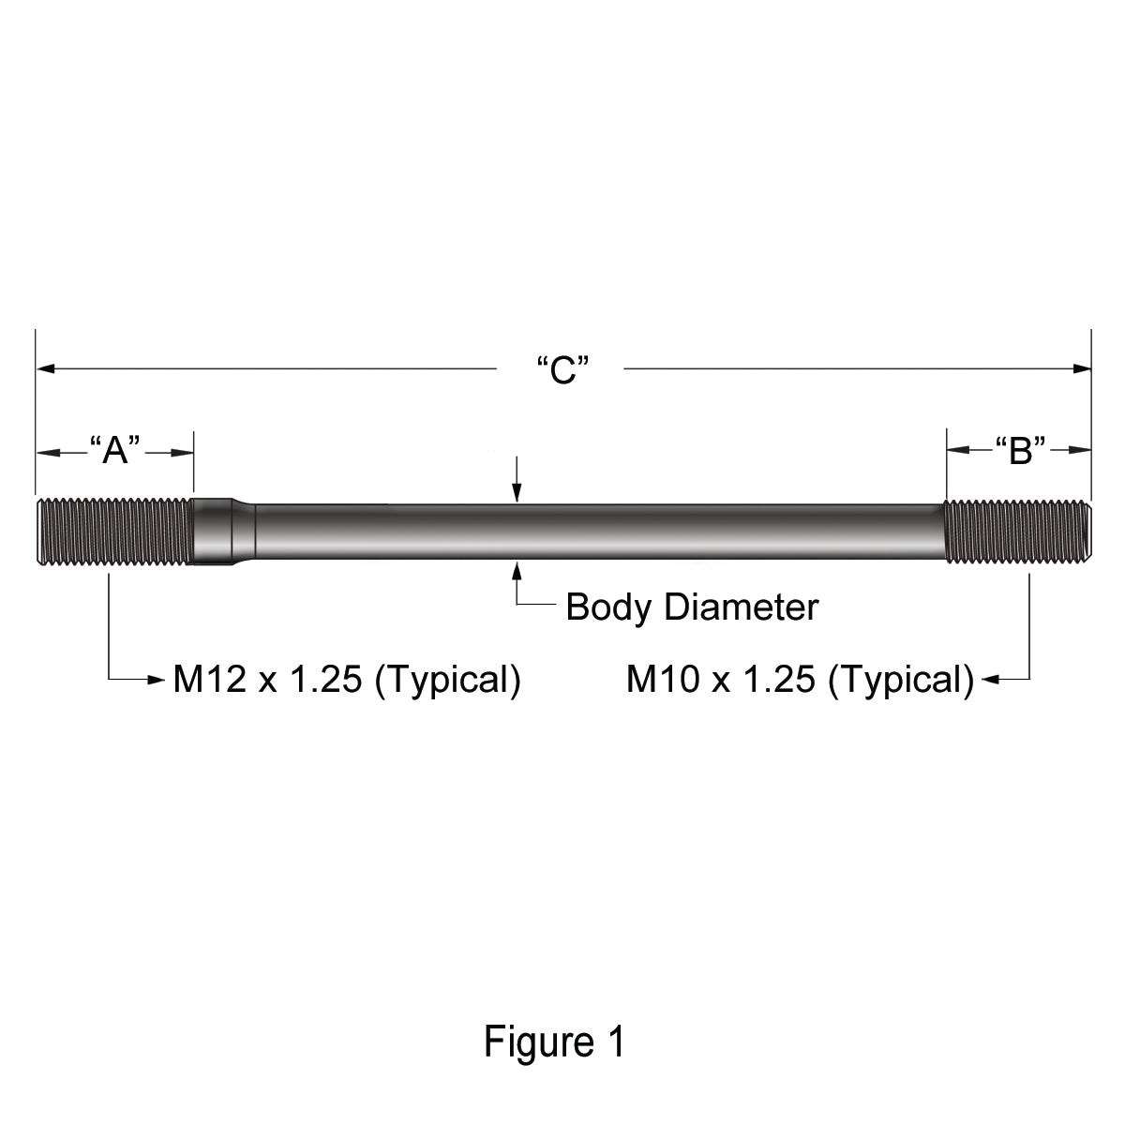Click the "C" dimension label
(x=563, y=369)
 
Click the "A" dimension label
(x=115, y=450)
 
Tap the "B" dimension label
(x=1020, y=450)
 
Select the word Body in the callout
(x=608, y=607)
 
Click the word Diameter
(x=742, y=607)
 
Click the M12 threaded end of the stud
(x=114, y=532)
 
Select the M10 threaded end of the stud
(x=1017, y=532)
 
